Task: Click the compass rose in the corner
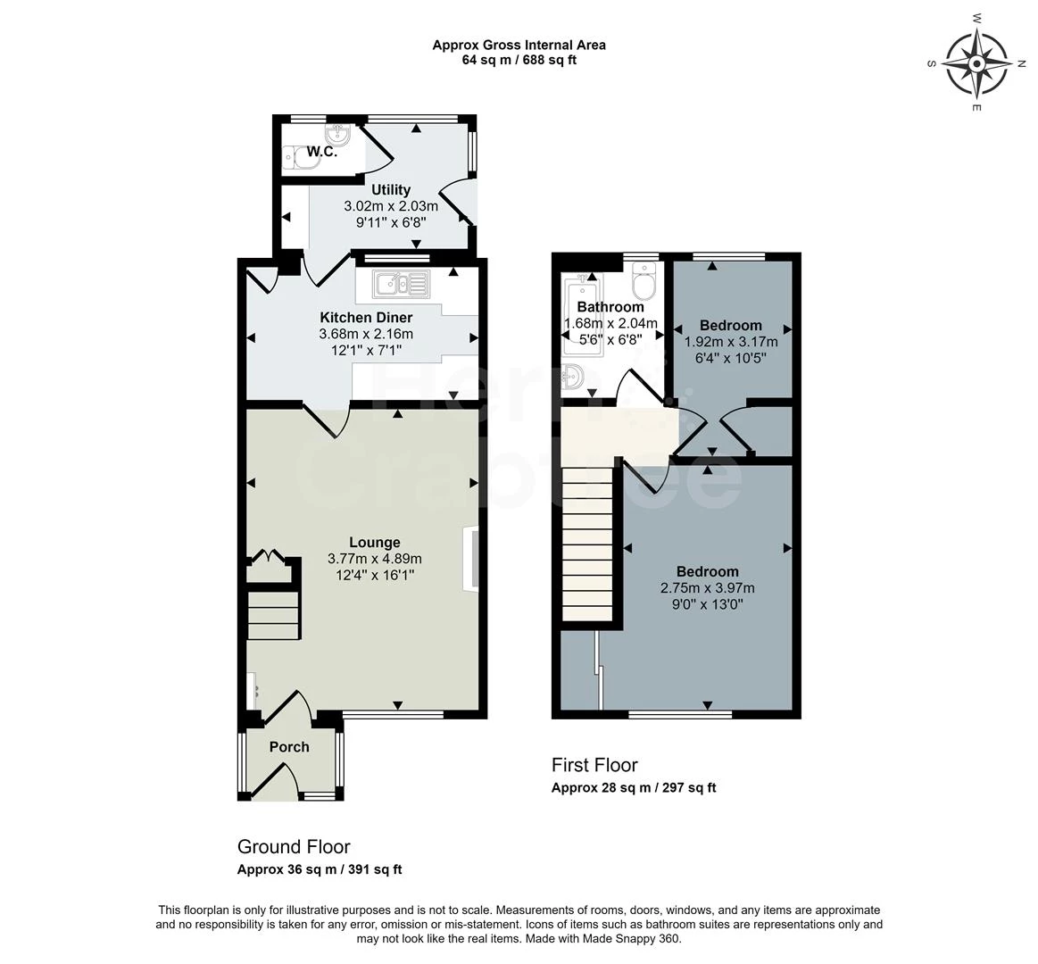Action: [976, 63]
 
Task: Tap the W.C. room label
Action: [321, 152]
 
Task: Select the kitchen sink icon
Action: [401, 283]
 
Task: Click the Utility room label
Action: [391, 190]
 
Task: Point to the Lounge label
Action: [375, 543]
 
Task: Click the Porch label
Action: [289, 747]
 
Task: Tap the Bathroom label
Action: [610, 307]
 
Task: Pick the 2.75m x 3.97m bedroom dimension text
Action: [708, 588]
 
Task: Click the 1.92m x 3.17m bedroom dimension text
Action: [731, 342]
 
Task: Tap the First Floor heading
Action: [594, 765]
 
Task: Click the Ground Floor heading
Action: [294, 847]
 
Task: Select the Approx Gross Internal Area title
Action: [519, 45]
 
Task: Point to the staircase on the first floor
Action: [586, 543]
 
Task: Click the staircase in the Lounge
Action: [273, 616]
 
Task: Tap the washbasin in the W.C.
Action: [339, 137]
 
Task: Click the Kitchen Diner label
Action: [366, 318]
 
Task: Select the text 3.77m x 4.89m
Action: [375, 560]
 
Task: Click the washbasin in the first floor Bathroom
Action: [572, 378]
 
